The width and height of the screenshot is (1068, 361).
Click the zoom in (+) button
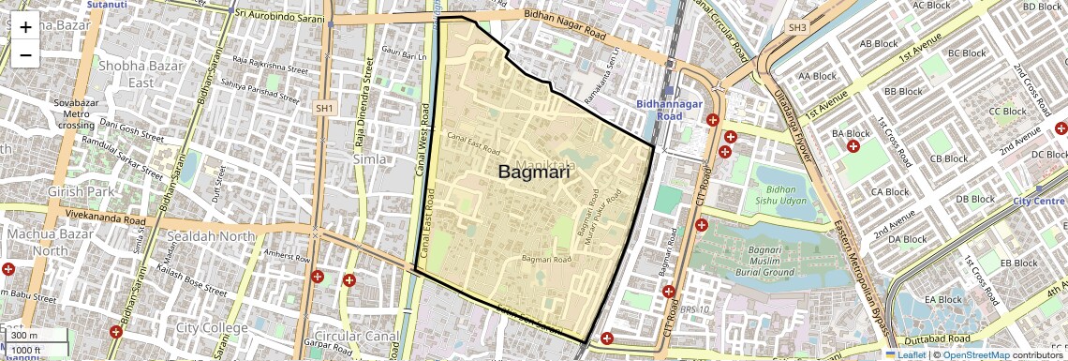click(25, 27)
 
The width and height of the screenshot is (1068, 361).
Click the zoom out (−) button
click(25, 55)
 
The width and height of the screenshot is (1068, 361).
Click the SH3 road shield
click(797, 28)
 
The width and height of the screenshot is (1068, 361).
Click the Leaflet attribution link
click(906, 354)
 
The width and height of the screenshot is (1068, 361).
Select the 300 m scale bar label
click(24, 336)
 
